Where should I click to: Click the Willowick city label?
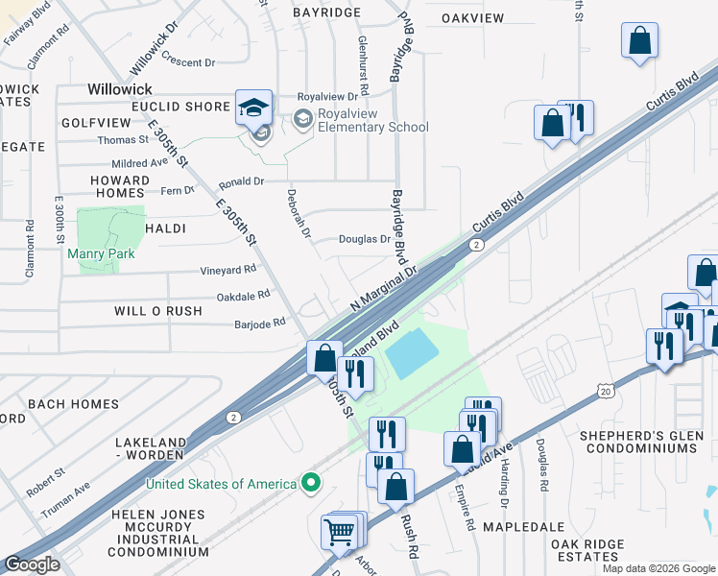coord(119,88)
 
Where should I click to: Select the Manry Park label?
coord(101,254)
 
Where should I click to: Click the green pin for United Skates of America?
coord(310,483)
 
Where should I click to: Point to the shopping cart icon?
coord(340,530)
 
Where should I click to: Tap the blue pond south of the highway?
coord(412,353)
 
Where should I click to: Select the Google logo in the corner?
coord(32,564)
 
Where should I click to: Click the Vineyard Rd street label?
coord(228,271)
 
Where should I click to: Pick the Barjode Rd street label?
coord(260,324)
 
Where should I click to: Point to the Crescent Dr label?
coord(188,62)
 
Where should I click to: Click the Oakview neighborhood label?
coord(472,18)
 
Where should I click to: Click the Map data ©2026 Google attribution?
coord(659,568)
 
